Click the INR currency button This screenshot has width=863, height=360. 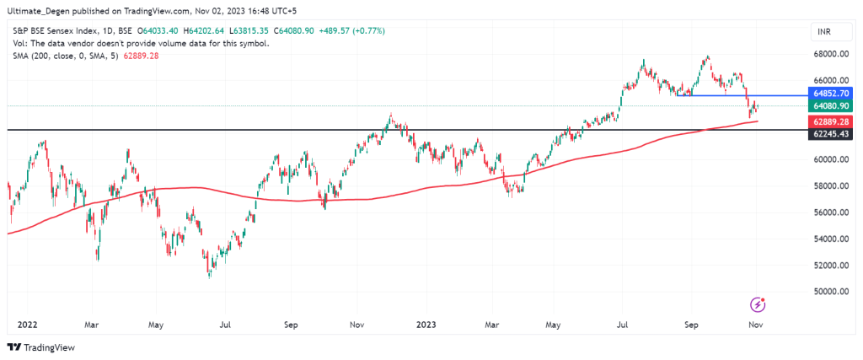(823, 32)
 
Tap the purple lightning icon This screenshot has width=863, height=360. (758, 304)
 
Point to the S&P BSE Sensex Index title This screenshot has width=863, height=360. (59, 31)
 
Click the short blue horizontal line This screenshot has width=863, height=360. (741, 94)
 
